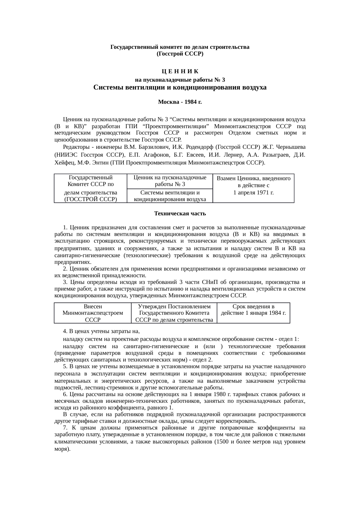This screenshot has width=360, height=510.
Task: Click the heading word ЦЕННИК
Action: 180,71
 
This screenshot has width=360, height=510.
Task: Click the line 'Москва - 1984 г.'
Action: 180,102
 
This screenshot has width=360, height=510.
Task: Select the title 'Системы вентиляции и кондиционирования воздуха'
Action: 180,87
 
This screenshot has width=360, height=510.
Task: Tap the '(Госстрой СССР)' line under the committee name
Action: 180,54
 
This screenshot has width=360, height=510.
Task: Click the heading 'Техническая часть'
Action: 180,214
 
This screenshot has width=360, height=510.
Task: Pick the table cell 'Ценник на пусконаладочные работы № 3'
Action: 170,181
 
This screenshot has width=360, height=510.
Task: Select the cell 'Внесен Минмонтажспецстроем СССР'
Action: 93,313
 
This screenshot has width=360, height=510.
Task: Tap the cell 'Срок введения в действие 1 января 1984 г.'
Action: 253,310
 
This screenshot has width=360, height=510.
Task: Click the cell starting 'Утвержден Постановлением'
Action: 174,313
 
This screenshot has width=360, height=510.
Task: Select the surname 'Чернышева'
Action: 291,146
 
